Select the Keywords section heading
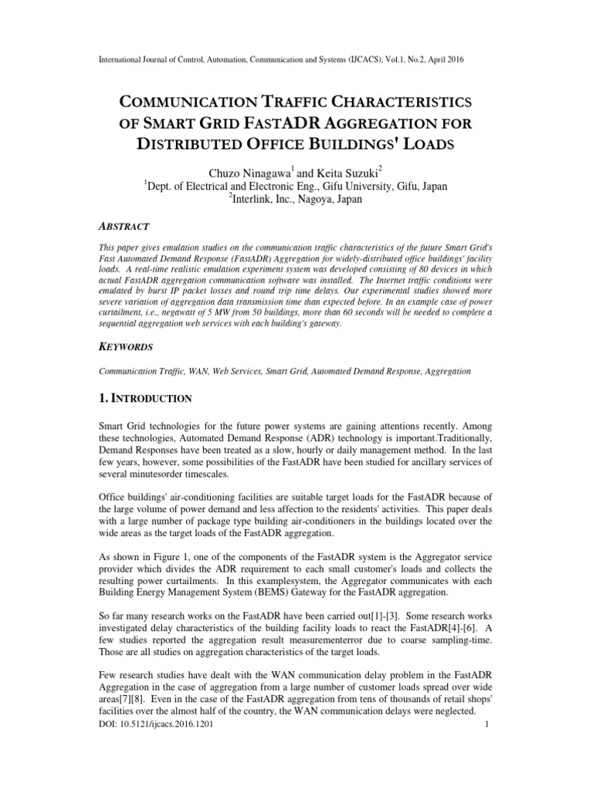pyautogui.click(x=130, y=348)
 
